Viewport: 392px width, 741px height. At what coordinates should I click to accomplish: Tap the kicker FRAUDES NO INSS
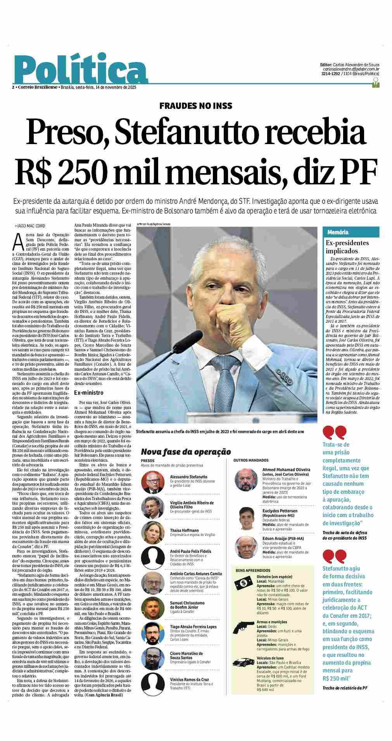196,105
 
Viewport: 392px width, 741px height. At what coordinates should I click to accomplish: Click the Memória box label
338,232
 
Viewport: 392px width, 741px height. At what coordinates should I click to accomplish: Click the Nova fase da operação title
186,452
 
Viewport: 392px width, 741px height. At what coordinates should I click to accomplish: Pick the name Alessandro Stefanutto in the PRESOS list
188,477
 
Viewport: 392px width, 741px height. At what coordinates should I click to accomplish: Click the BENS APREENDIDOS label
253,571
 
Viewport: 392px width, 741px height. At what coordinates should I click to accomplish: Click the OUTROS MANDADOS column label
251,461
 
